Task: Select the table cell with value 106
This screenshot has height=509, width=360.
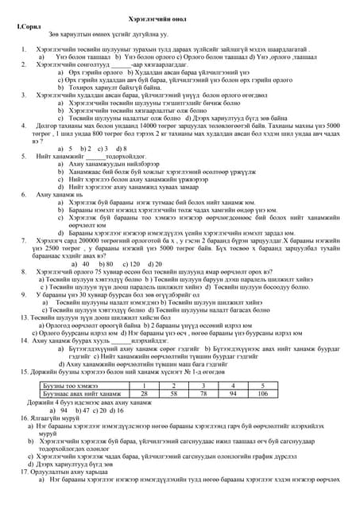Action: [263, 393]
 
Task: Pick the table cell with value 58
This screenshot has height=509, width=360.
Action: [173, 393]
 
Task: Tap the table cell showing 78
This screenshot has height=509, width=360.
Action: [203, 393]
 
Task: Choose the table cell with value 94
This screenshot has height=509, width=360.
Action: [233, 393]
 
